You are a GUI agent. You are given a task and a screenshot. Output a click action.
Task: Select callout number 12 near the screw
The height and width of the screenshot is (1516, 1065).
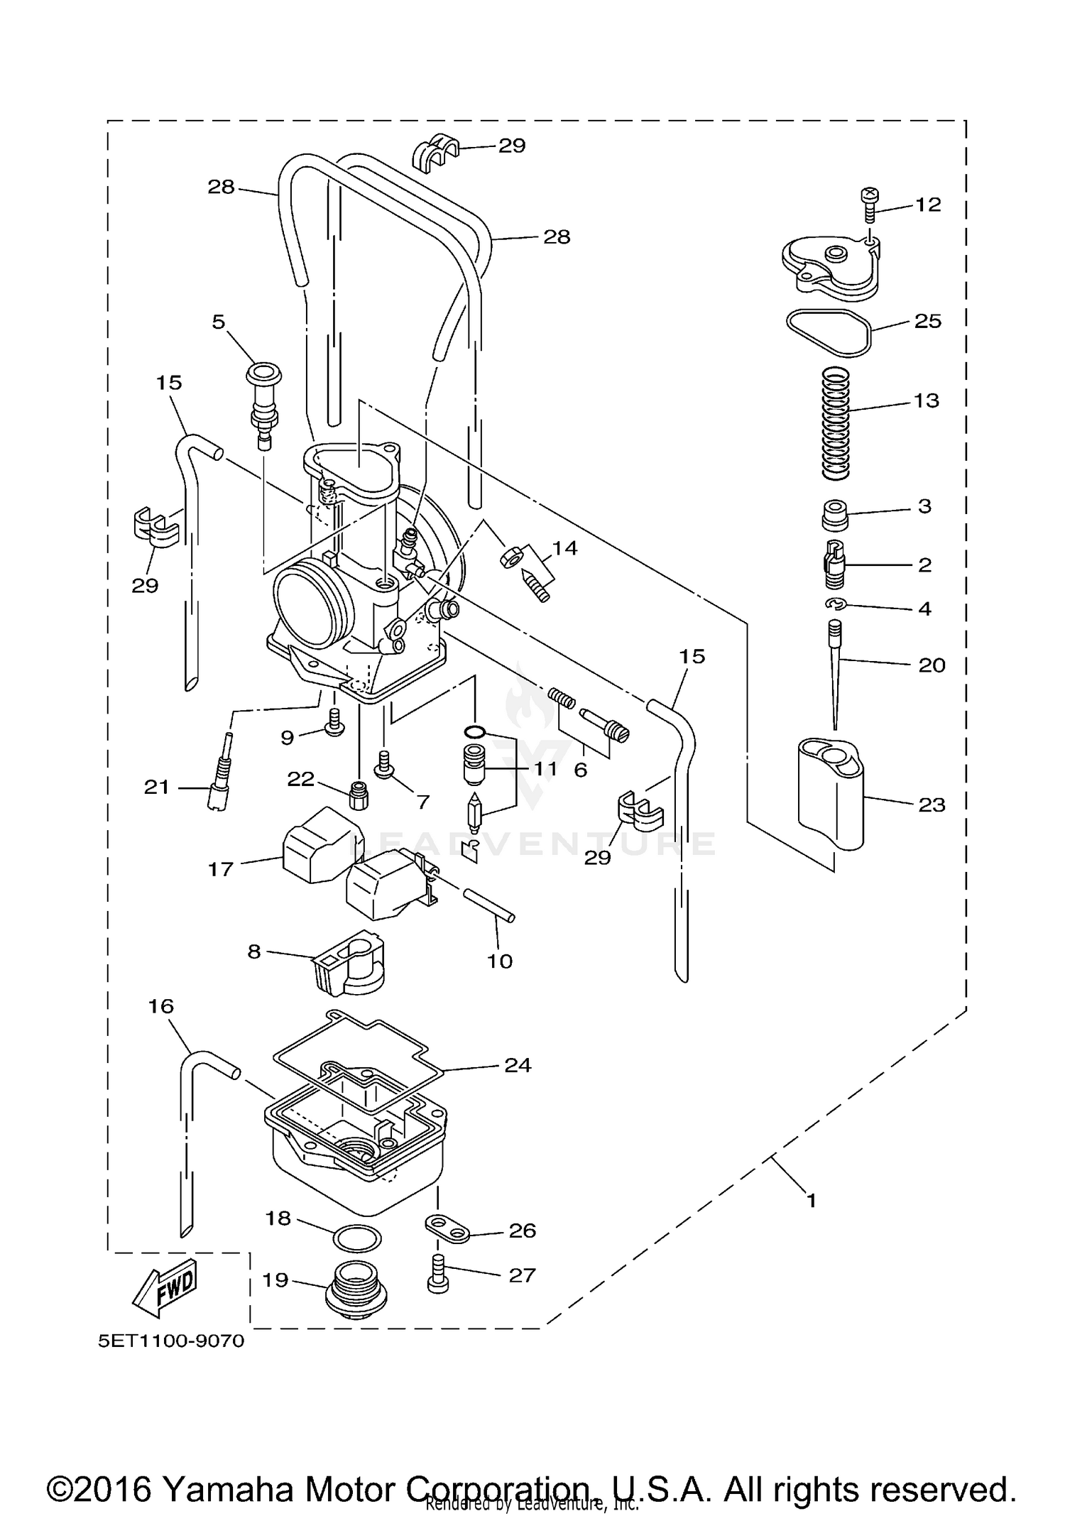pyautogui.click(x=928, y=205)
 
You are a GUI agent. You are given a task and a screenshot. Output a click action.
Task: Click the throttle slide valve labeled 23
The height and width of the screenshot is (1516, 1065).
pyautogui.click(x=830, y=792)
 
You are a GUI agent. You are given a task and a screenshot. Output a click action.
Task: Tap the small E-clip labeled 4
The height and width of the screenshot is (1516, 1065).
pyautogui.click(x=837, y=604)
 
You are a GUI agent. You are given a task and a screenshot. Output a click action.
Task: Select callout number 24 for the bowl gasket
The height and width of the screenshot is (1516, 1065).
pyautogui.click(x=518, y=1064)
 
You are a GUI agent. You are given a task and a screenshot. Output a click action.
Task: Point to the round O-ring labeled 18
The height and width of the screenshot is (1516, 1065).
pyautogui.click(x=356, y=1238)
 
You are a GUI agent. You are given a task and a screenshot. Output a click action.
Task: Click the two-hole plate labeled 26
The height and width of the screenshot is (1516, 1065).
pyautogui.click(x=447, y=1229)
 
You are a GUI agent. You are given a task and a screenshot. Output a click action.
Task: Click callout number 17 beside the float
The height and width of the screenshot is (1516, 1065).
pyautogui.click(x=221, y=868)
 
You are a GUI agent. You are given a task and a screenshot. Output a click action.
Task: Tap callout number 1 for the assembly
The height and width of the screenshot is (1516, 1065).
pyautogui.click(x=812, y=1201)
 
